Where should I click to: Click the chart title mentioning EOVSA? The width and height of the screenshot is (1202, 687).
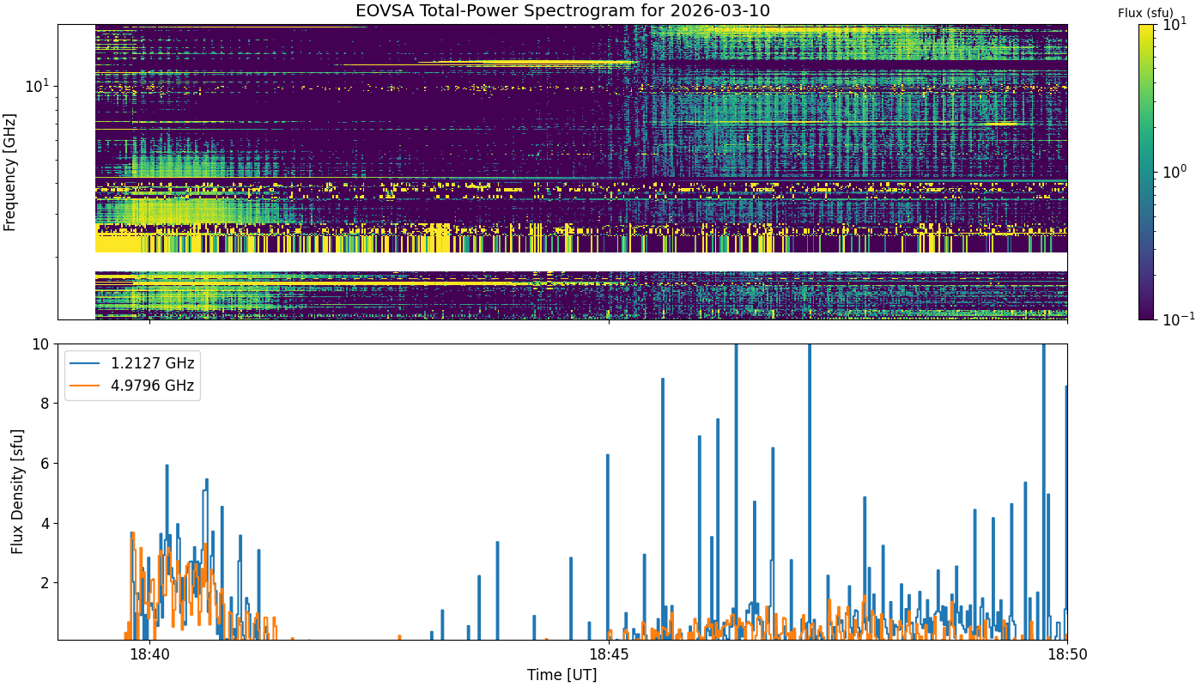pyautogui.click(x=562, y=10)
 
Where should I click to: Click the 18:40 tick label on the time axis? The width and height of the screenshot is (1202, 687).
pyautogui.click(x=149, y=654)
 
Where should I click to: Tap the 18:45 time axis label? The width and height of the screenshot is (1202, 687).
pyautogui.click(x=609, y=654)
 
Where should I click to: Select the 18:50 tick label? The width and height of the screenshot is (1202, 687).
pyautogui.click(x=1067, y=654)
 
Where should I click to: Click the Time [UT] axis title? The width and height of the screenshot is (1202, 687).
pyautogui.click(x=562, y=675)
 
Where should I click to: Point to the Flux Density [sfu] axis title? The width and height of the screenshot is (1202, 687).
pyautogui.click(x=17, y=491)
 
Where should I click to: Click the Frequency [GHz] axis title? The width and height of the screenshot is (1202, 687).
pyautogui.click(x=9, y=173)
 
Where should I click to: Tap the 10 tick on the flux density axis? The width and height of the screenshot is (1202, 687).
pyautogui.click(x=41, y=344)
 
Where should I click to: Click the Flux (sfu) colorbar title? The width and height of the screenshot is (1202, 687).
pyautogui.click(x=1145, y=13)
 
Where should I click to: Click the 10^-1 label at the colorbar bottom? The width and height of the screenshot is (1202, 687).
pyautogui.click(x=1178, y=319)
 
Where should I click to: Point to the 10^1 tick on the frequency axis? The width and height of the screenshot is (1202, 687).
pyautogui.click(x=38, y=86)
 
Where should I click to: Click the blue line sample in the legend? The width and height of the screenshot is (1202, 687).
pyautogui.click(x=85, y=363)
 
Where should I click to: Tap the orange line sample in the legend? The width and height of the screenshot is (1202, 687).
pyautogui.click(x=85, y=386)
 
